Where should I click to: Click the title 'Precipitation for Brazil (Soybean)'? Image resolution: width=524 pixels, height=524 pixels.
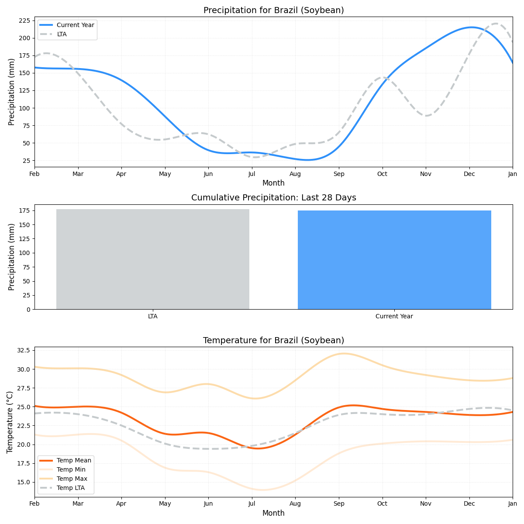273,10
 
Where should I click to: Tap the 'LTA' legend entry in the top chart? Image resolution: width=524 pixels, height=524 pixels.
62,34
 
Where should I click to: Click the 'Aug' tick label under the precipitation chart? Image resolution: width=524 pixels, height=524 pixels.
295,174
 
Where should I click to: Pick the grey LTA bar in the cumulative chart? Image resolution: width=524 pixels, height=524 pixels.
153,259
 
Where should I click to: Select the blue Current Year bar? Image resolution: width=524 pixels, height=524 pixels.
394,260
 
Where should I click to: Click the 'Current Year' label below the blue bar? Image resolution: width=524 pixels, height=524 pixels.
394,316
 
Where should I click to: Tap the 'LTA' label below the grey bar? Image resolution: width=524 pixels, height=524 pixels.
153,316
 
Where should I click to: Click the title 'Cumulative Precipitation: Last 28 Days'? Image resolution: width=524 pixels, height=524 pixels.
273,198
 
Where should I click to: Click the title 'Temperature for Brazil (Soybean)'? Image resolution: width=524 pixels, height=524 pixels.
273,341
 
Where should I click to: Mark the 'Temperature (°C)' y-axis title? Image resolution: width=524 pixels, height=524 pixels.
10,422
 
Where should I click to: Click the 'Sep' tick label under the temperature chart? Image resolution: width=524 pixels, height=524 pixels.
339,504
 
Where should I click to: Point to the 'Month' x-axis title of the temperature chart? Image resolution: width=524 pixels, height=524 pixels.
273,513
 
